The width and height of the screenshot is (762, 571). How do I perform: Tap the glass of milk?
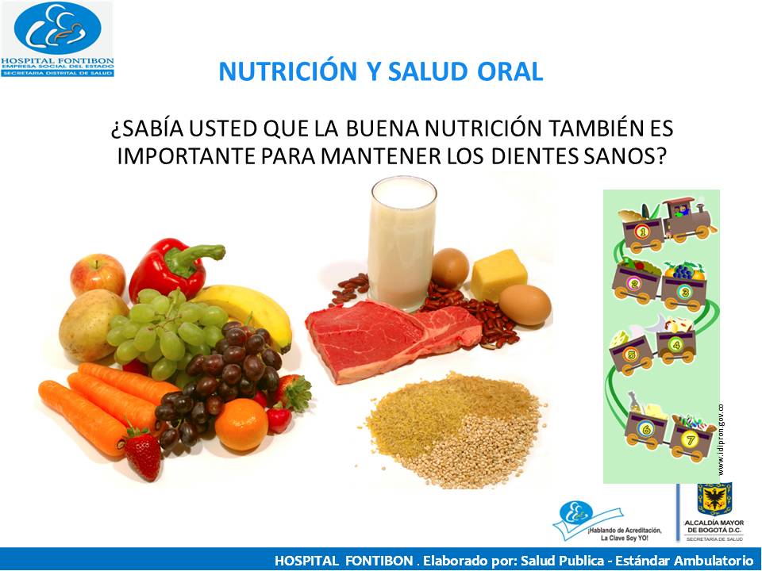pos(402,242)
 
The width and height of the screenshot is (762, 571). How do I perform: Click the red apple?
pos(97,274)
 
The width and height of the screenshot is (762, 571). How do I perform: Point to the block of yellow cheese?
pos(498,274)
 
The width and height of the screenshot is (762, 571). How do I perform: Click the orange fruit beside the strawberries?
pos(241,424)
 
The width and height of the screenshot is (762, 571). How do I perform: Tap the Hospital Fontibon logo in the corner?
pos(57,39)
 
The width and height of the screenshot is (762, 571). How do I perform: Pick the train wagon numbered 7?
pos(688,439)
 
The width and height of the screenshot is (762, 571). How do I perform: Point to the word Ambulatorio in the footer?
pos(706,560)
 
